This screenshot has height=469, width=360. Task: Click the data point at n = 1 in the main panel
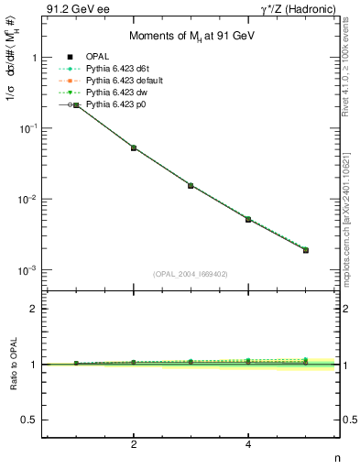(x=77, y=105)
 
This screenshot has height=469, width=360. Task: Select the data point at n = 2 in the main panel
(x=134, y=147)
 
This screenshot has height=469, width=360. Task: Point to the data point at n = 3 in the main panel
(x=191, y=185)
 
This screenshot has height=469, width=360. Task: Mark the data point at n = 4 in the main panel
(x=248, y=219)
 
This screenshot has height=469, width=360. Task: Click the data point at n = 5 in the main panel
(x=306, y=250)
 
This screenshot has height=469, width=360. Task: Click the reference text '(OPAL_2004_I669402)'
(x=191, y=273)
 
